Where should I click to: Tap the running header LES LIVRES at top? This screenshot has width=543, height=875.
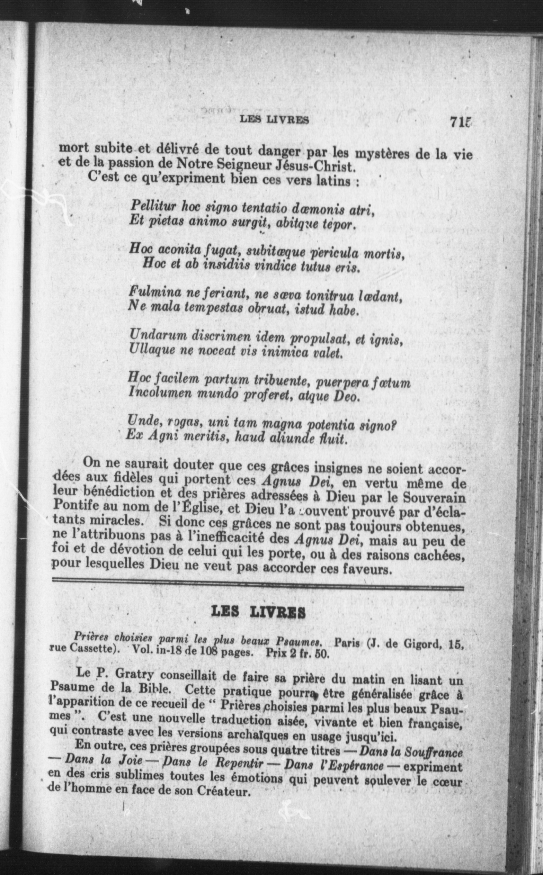[x=274, y=120]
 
